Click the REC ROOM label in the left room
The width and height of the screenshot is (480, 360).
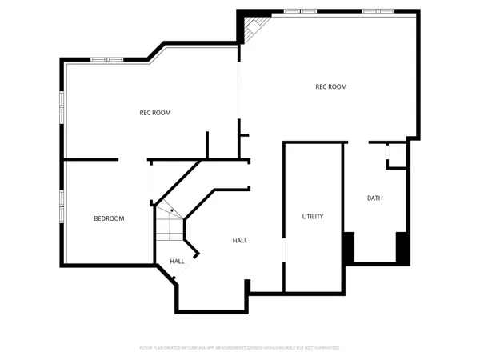pyautogui.click(x=155, y=113)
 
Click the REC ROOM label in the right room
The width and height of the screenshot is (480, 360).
pyautogui.click(x=330, y=87)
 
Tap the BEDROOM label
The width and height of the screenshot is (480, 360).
pyautogui.click(x=109, y=218)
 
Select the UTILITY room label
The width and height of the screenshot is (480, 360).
pyautogui.click(x=313, y=217)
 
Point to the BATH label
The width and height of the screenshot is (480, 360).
pyautogui.click(x=374, y=198)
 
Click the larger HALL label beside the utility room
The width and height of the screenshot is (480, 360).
pyautogui.click(x=240, y=241)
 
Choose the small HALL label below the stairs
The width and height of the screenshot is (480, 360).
pyautogui.click(x=177, y=261)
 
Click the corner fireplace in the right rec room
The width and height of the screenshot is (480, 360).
pyautogui.click(x=254, y=28)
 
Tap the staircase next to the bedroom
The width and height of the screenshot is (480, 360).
pyautogui.click(x=170, y=226)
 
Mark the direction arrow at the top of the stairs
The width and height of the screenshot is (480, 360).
pyautogui.click(x=171, y=210)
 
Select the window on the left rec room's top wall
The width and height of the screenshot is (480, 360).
pyautogui.click(x=106, y=59)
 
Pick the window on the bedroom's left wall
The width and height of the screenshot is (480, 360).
pyautogui.click(x=62, y=206)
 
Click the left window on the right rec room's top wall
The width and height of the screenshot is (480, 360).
pyautogui.click(x=294, y=11)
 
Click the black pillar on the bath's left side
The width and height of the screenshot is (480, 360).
pyautogui.click(x=348, y=247)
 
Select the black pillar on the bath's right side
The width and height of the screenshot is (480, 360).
pyautogui.click(x=403, y=247)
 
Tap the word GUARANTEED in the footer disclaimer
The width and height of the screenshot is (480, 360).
pyautogui.click(x=325, y=348)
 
